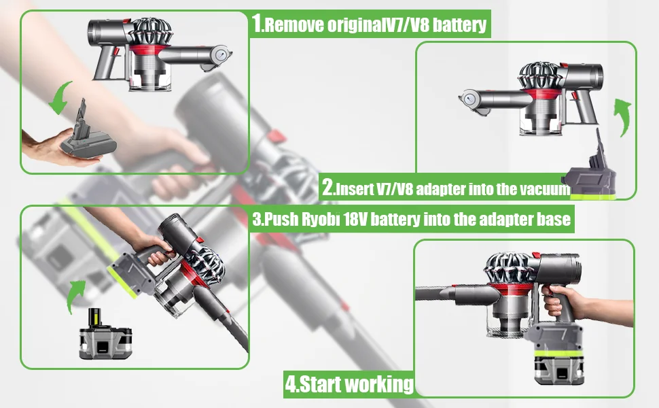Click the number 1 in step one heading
pos(257,24)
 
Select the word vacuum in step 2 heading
pos(545,188)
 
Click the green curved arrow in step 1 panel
pos(60,99)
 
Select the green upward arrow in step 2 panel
pos(621,116)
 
